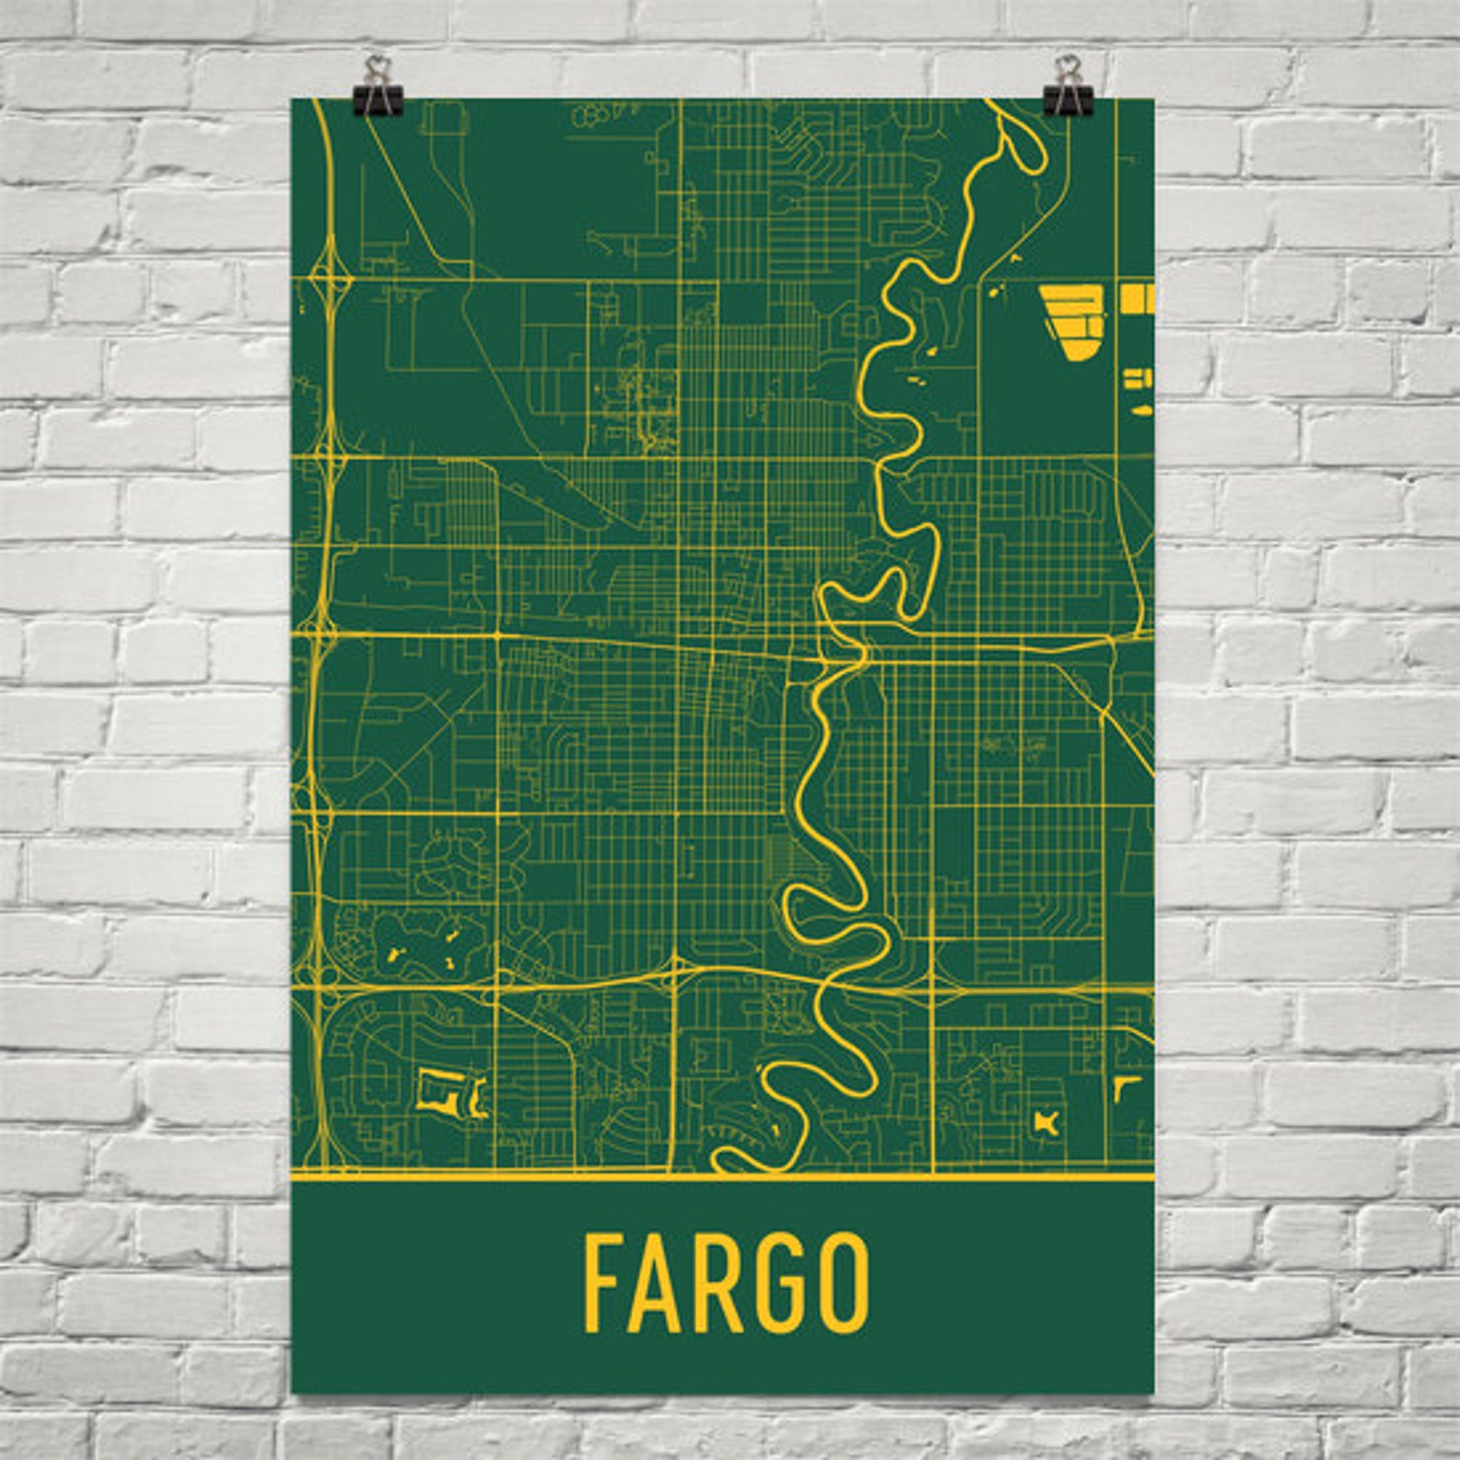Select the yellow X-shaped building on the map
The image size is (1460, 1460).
[x=1046, y=1122]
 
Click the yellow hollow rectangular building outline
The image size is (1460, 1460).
[x=434, y=1090]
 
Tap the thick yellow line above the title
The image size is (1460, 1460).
[x=722, y=1176]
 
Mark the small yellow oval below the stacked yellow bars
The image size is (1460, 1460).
[x=1140, y=410]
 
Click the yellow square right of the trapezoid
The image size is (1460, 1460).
[x=1136, y=298]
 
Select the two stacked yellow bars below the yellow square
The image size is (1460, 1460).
[x=1138, y=378]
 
